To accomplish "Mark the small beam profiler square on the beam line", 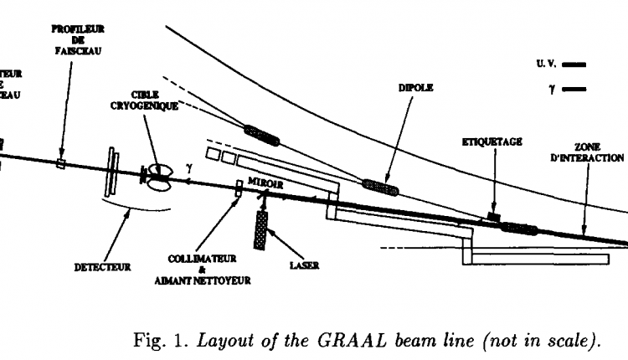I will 60,163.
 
